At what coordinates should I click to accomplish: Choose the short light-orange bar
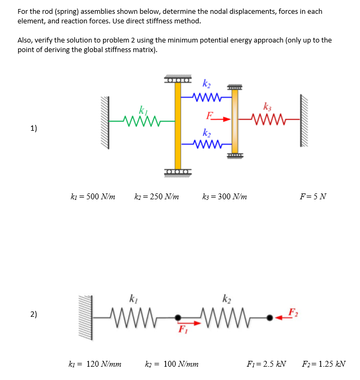click(234, 121)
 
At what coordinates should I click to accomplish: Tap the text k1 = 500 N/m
click(93, 197)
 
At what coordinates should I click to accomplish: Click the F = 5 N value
click(313, 197)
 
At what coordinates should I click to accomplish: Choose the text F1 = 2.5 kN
click(267, 364)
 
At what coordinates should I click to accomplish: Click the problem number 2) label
click(34, 315)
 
